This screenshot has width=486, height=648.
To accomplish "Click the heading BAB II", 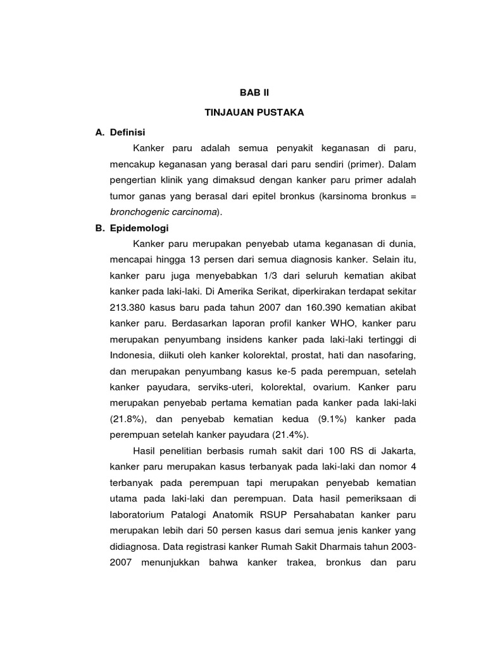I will tap(254, 92).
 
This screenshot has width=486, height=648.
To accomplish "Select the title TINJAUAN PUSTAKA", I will tap(254, 112).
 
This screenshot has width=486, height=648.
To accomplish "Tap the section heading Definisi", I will tap(127, 132).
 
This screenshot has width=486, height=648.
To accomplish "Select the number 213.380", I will tap(131, 308).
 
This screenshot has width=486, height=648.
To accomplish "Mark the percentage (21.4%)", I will tap(290, 435).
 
